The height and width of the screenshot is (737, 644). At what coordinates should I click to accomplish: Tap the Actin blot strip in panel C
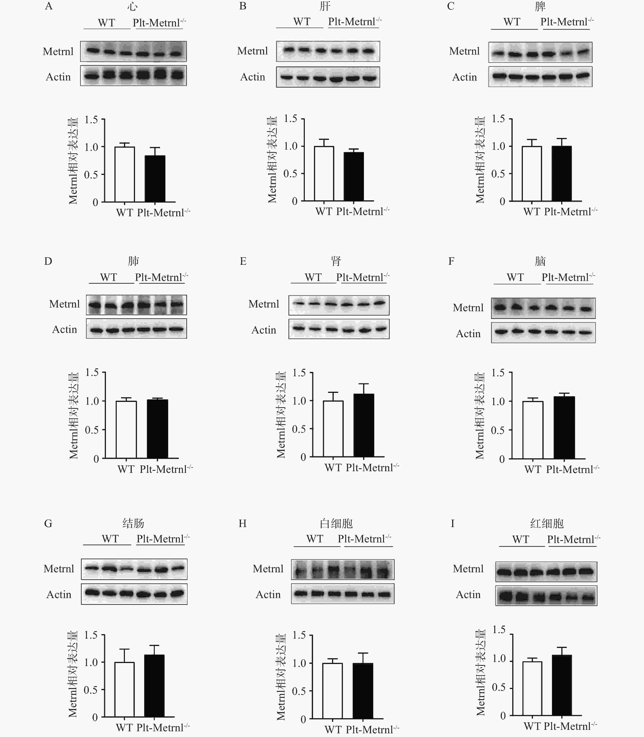(540, 76)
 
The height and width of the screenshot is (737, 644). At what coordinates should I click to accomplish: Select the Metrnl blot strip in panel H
(342, 569)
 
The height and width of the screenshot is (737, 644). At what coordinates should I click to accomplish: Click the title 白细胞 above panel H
(336, 523)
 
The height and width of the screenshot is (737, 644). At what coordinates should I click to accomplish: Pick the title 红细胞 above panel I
(547, 523)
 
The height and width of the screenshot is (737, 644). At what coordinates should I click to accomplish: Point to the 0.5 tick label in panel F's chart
(498, 430)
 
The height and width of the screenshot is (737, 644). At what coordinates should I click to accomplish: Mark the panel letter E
(243, 261)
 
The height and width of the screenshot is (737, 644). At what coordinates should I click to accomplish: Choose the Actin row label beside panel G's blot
(59, 595)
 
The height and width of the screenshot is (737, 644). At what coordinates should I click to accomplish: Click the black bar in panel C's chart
(561, 173)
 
